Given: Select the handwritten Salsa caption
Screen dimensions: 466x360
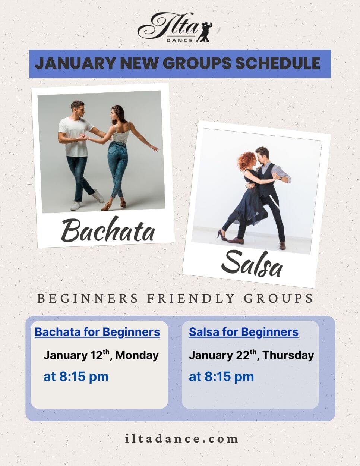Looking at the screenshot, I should [252, 265].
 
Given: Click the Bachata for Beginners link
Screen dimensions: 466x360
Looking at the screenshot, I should [97, 332].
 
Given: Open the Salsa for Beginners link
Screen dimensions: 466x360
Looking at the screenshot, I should [244, 332].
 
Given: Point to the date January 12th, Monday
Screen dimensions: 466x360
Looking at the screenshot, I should [101, 355].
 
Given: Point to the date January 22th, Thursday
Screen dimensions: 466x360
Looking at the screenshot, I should [251, 355].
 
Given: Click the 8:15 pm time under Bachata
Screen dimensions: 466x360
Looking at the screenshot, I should [76, 377].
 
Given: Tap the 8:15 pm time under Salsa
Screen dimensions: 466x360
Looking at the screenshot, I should [221, 377].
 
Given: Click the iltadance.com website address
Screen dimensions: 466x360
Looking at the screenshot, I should [181, 438].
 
